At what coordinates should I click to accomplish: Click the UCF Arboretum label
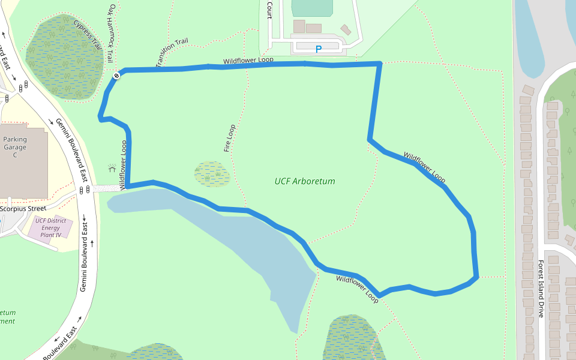click(305, 181)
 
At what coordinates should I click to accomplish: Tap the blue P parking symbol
click(319, 49)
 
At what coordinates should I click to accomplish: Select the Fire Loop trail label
click(229, 138)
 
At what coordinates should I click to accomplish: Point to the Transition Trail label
click(172, 53)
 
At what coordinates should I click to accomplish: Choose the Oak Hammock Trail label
click(111, 34)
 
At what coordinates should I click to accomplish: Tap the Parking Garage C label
click(15, 147)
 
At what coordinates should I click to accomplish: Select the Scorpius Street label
click(23, 209)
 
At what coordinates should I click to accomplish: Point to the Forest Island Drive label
click(541, 288)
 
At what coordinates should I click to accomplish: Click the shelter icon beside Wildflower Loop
click(111, 169)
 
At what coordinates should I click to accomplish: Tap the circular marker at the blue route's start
click(116, 76)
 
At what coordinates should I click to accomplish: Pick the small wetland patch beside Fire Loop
click(212, 174)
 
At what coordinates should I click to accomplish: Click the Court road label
click(269, 10)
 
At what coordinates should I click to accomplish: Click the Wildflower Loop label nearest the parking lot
click(248, 61)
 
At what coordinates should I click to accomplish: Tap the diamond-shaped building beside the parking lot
click(346, 29)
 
